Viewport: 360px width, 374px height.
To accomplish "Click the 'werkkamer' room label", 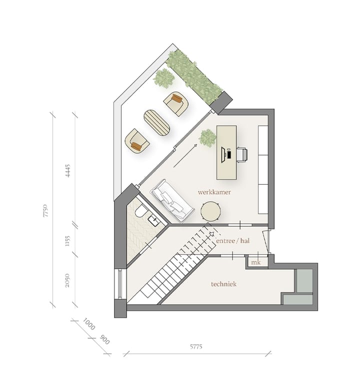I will [213, 192].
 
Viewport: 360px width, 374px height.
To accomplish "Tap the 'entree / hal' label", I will [232, 241].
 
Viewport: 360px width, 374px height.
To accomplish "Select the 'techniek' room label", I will [223, 284].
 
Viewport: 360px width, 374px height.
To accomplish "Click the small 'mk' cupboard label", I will [255, 263].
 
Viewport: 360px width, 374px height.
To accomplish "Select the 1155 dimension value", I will [68, 242].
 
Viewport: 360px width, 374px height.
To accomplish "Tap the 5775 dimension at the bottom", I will [198, 346].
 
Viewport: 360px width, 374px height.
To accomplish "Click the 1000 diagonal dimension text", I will [89, 325].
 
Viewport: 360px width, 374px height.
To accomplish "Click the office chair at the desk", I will [241, 155].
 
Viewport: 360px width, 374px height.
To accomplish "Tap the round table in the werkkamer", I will [211, 211].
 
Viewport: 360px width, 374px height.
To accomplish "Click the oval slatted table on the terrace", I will [156, 122].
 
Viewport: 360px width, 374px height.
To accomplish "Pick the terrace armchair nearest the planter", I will [175, 104].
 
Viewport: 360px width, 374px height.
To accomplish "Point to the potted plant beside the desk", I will [206, 137].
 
